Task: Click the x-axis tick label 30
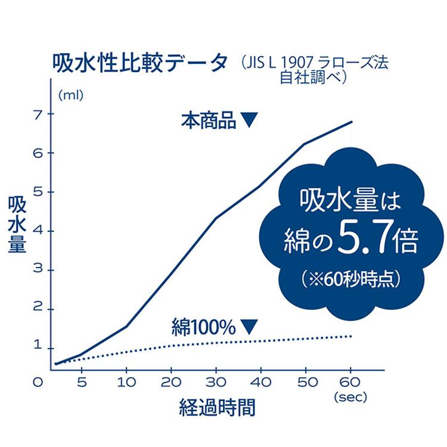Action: point(216,383)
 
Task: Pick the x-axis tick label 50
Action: point(306,383)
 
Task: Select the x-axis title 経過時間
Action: point(218,408)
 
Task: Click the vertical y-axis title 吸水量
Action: point(17,225)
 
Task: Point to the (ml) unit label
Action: point(71,94)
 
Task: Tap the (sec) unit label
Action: point(351,395)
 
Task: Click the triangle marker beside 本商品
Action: point(249,120)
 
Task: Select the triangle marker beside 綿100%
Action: point(249,327)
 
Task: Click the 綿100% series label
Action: point(204,327)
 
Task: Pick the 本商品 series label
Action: point(208,120)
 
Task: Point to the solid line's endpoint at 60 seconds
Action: point(352,122)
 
